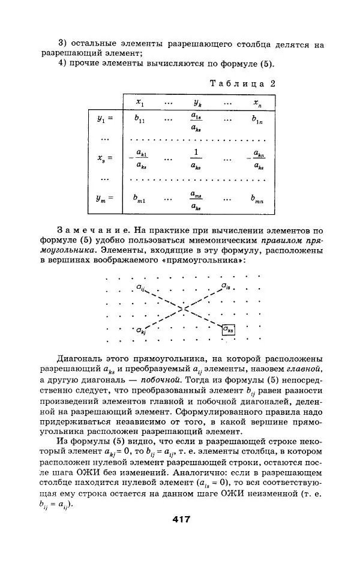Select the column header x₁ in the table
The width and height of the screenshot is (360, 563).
coord(140,103)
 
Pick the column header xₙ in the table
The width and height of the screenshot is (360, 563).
coord(257,103)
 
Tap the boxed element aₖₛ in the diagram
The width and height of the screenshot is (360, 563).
coord(228,328)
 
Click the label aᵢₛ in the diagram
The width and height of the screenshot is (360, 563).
coord(225,286)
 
